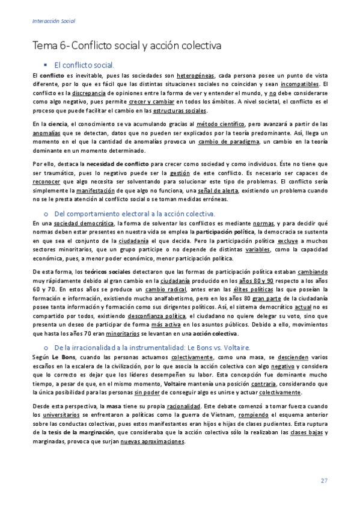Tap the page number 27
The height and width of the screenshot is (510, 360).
coord(324,480)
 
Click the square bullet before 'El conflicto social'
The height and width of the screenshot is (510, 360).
coord(44,63)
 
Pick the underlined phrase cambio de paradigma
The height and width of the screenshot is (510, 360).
coord(228,141)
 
